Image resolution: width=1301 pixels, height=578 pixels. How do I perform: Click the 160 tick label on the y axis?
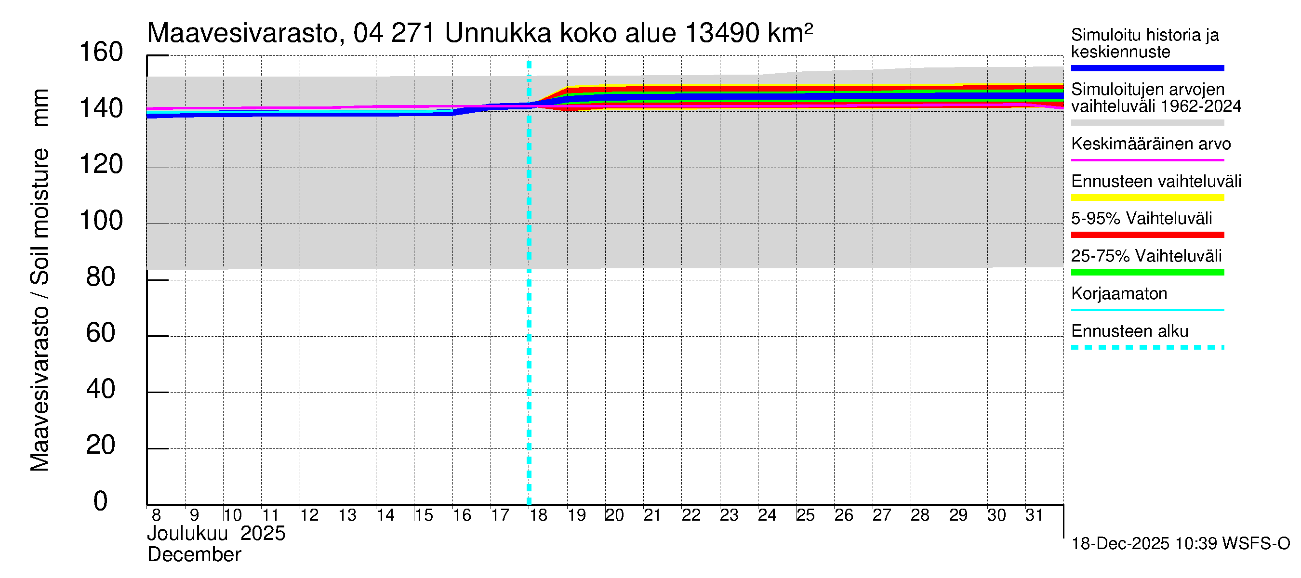click(x=101, y=53)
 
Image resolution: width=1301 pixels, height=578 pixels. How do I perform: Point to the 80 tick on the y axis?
click(x=101, y=277)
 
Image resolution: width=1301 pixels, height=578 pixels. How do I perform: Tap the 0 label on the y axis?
click(x=101, y=501)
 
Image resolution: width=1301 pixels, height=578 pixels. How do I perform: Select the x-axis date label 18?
click(x=538, y=515)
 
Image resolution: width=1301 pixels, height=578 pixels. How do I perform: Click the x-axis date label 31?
click(x=1034, y=515)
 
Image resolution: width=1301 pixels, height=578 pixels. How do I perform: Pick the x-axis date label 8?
click(x=156, y=515)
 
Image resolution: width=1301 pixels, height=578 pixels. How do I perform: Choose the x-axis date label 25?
click(x=806, y=515)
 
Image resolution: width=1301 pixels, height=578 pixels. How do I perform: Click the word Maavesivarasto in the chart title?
click(x=242, y=33)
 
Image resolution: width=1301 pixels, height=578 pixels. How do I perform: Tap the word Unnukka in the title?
click(x=498, y=33)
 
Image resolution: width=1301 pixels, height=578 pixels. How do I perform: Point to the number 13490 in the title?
click(x=722, y=33)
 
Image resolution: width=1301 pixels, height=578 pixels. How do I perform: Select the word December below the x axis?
click(x=195, y=555)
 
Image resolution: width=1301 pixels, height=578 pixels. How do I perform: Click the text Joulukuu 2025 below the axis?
click(x=216, y=534)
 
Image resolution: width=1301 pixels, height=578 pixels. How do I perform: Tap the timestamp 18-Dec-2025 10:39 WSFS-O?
click(x=1180, y=544)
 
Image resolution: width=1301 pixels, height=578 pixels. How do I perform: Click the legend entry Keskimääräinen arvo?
click(x=1151, y=144)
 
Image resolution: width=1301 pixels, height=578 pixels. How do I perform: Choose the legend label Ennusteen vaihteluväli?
click(x=1156, y=181)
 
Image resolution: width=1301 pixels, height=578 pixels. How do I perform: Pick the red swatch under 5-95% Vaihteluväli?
click(x=1147, y=235)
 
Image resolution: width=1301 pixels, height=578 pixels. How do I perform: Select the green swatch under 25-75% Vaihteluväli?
click(x=1147, y=273)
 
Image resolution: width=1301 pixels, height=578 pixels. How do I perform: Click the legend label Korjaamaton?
click(x=1119, y=294)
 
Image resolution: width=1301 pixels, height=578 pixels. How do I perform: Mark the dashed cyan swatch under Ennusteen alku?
click(x=1147, y=347)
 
